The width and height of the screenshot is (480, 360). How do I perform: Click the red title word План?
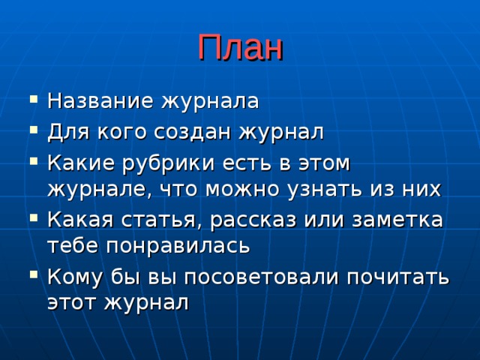tap(240, 49)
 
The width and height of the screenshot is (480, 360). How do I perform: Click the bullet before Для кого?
tap(28, 131)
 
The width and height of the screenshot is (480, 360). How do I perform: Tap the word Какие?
tap(76, 163)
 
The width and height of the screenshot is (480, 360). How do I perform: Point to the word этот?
tap(71, 302)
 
